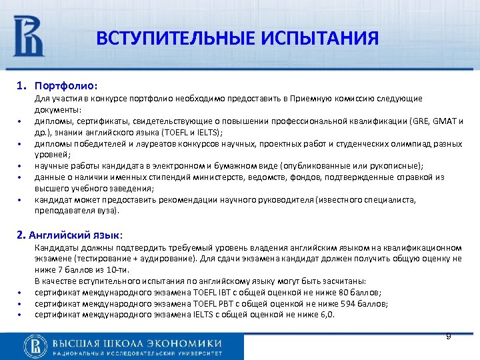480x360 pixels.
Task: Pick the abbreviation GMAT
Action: point(446,121)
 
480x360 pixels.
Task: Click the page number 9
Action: point(448,337)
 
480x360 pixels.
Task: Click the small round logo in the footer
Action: point(34,344)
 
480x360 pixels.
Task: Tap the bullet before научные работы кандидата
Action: point(21,166)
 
